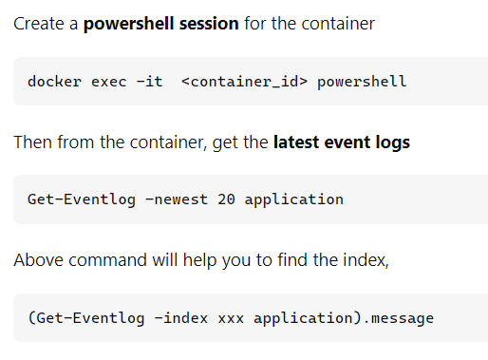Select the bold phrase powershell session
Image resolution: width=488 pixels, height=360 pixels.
click(161, 23)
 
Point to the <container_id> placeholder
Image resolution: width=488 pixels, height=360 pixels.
click(243, 82)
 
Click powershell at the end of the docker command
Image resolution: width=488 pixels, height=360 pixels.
click(362, 82)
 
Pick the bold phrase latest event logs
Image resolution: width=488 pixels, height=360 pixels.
click(342, 142)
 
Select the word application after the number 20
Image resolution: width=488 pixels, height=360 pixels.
click(294, 199)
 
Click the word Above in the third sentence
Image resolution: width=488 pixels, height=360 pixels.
click(36, 259)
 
